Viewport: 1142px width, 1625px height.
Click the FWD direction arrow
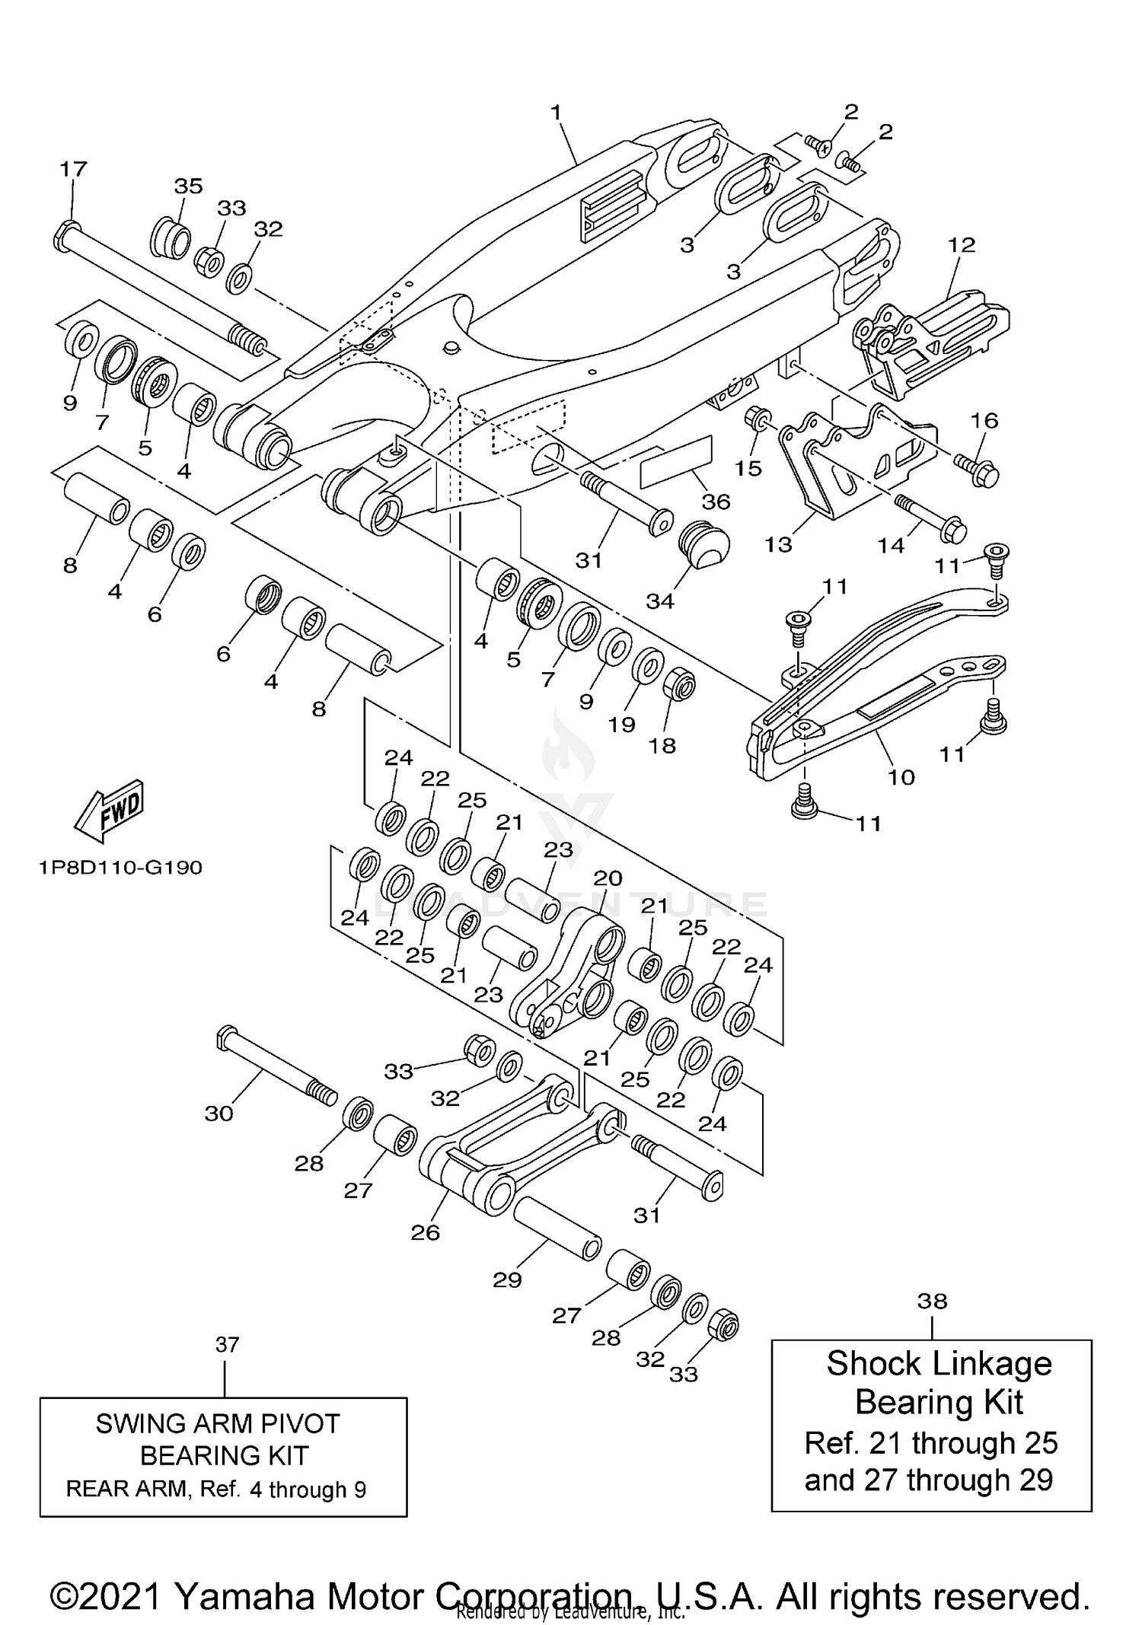coord(109,811)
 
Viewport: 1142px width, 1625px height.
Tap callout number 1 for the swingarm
coord(556,113)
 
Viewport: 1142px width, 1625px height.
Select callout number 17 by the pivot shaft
coord(74,168)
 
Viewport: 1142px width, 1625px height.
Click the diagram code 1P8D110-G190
coord(120,867)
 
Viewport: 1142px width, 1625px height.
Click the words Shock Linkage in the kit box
coord(938,1363)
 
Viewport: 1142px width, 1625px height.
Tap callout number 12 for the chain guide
coord(962,244)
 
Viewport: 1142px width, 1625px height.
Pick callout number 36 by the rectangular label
coord(716,501)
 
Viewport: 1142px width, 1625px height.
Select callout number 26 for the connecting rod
coord(425,1232)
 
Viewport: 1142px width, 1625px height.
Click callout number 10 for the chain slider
coord(901,777)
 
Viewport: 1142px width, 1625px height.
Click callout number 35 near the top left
coord(188,186)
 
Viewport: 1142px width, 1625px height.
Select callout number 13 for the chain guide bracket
coord(778,544)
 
